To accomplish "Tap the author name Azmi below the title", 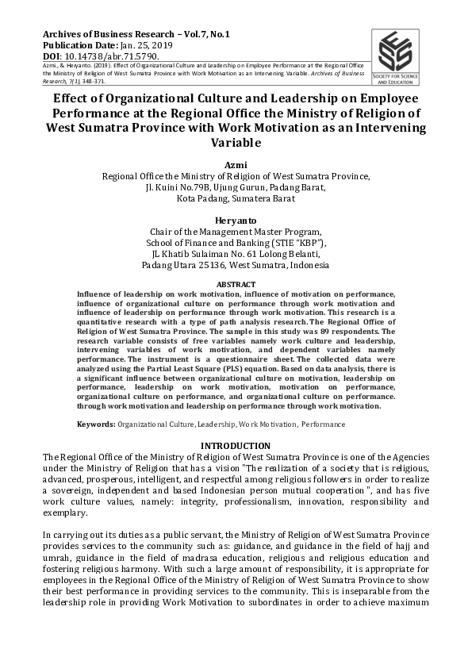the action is click(x=236, y=165).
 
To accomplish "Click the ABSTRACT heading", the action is click(x=236, y=284).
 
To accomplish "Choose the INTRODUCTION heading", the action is click(x=236, y=446).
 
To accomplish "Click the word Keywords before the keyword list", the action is click(x=95, y=424).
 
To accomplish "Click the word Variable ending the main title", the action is click(x=236, y=144).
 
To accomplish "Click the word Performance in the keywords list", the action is click(x=323, y=424).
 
